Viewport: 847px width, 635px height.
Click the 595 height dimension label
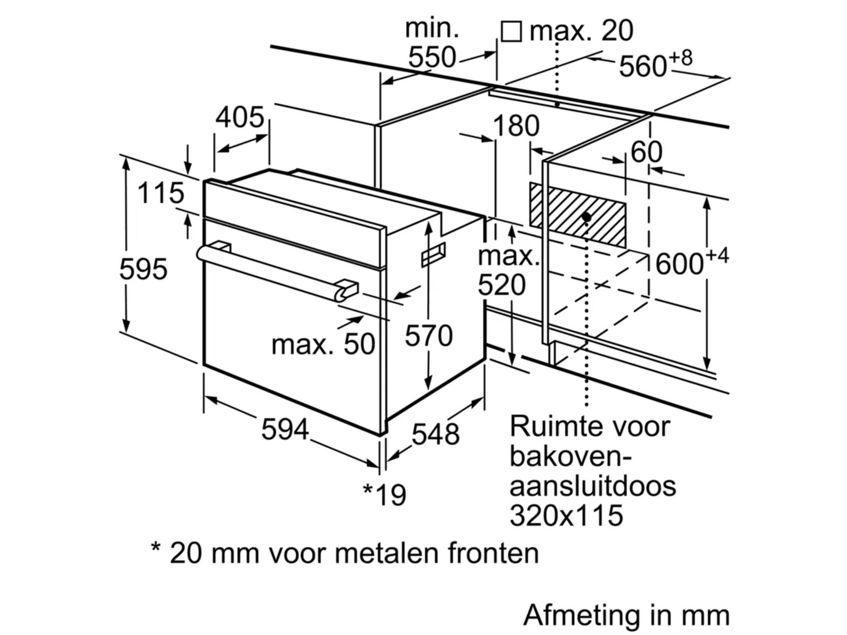[x=143, y=269]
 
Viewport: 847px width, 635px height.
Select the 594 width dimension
[x=285, y=429]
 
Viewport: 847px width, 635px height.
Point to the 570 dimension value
[x=429, y=335]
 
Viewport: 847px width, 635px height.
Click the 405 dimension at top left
[x=239, y=117]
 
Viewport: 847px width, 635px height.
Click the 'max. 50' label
[x=323, y=344]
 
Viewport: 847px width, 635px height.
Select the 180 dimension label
[x=516, y=126]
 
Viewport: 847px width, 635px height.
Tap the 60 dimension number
[x=646, y=152]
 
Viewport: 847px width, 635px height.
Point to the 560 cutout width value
[x=643, y=67]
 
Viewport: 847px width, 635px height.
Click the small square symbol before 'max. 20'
[x=511, y=31]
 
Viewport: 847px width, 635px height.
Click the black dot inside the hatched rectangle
[x=586, y=217]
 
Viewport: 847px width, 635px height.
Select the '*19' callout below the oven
[x=385, y=494]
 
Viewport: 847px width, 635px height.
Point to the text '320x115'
[x=566, y=514]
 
